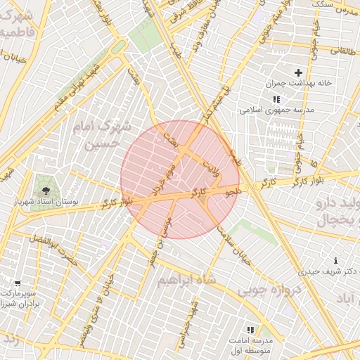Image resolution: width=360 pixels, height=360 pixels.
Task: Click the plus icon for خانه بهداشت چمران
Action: [x=299, y=72]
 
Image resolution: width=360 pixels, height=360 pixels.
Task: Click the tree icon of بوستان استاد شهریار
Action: [x=47, y=190]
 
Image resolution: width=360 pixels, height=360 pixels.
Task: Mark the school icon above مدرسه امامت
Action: [x=250, y=330]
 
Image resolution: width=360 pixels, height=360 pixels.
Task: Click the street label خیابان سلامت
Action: [x=235, y=251]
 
